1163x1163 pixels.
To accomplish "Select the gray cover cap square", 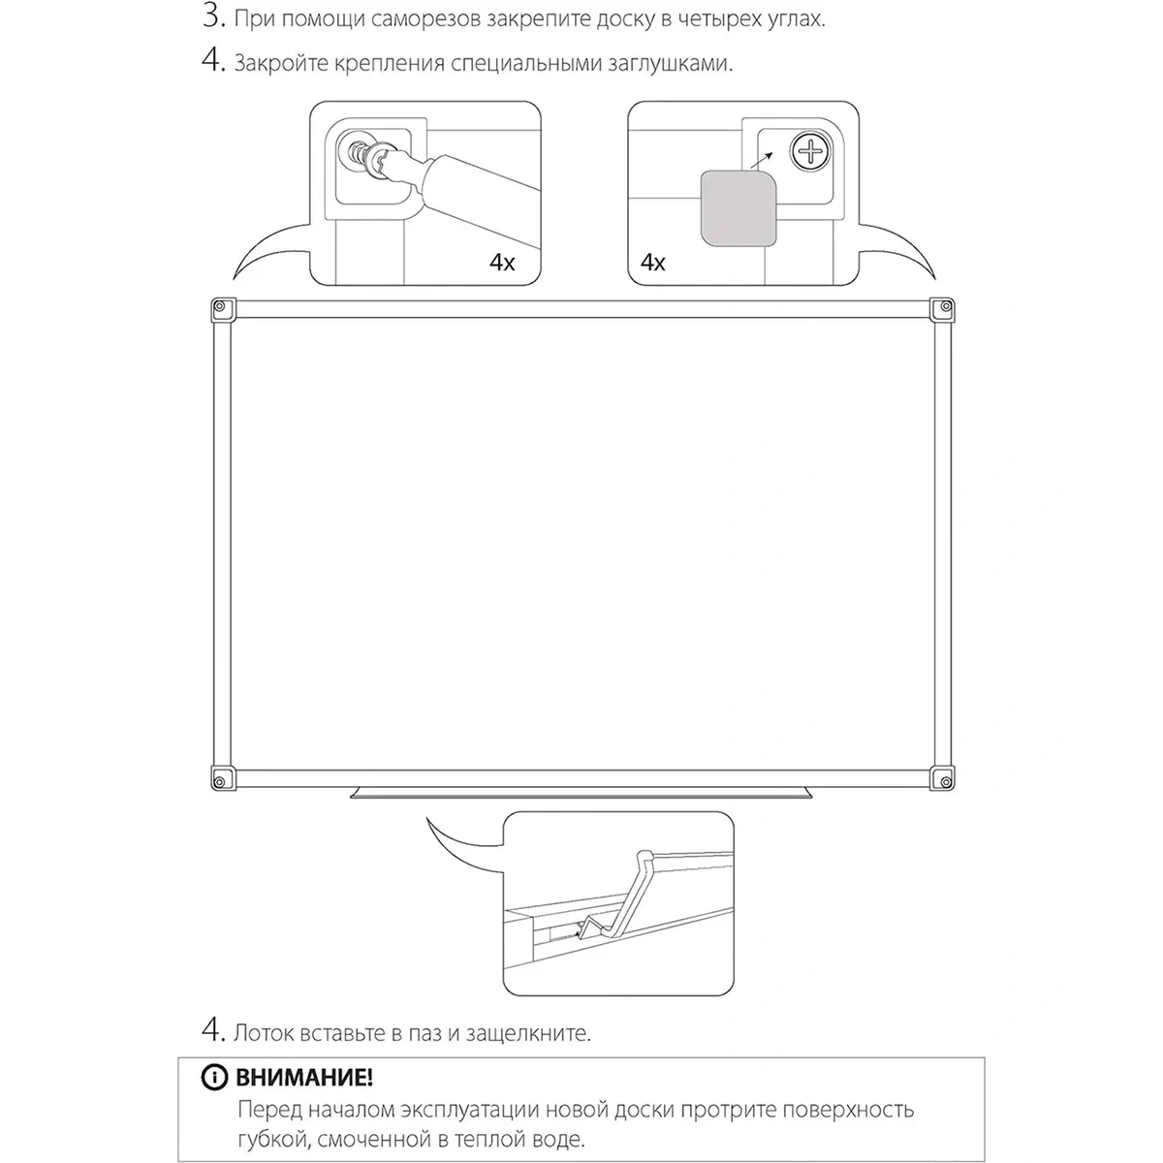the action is pos(739,208).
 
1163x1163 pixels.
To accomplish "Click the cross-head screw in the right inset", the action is pos(810,151).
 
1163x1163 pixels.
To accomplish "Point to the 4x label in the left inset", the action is pos(501,263).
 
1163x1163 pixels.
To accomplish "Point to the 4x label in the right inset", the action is pos(652,263).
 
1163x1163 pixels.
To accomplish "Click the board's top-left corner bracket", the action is pos(223,310).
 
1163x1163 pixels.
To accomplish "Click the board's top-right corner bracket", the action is pos(942,309).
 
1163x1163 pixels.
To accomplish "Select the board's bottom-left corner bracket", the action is pos(223,778).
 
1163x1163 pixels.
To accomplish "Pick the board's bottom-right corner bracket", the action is pos(942,778).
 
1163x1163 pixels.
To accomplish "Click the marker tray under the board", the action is pos(581,793).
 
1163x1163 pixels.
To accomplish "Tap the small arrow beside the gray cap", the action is pos(762,161).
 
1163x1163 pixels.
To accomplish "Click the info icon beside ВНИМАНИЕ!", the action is pos(214,1077).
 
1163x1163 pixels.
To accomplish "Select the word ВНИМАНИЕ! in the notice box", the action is pos(303,1078).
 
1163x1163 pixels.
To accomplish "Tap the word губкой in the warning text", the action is pos(272,1140).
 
